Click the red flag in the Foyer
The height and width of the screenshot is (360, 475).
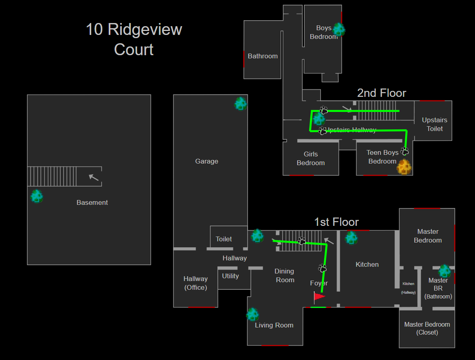pyautogui.click(x=319, y=296)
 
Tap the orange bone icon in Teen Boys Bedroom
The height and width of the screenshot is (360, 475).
pyautogui.click(x=404, y=167)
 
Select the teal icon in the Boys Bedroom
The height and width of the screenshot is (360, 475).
pyautogui.click(x=339, y=29)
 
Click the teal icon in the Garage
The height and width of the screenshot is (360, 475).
pyautogui.click(x=240, y=104)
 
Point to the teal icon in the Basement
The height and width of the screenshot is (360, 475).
pyautogui.click(x=37, y=196)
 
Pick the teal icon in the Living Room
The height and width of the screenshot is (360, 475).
pyautogui.click(x=252, y=314)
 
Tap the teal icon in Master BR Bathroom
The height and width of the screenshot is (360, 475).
pyautogui.click(x=444, y=271)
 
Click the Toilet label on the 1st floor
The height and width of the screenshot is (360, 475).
pyautogui.click(x=224, y=239)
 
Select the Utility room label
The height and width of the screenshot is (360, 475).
pyautogui.click(x=231, y=276)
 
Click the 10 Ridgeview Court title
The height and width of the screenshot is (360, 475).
pyautogui.click(x=134, y=39)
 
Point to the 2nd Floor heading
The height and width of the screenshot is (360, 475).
pyautogui.click(x=382, y=93)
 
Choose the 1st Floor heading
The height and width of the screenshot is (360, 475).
pyautogui.click(x=337, y=222)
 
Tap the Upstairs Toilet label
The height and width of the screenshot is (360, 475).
pyautogui.click(x=435, y=124)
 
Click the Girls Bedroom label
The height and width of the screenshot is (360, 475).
pyautogui.click(x=311, y=158)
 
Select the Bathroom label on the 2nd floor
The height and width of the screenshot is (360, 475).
pyautogui.click(x=263, y=56)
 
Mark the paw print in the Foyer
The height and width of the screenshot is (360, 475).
pyautogui.click(x=323, y=268)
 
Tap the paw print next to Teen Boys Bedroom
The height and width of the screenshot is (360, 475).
pyautogui.click(x=405, y=151)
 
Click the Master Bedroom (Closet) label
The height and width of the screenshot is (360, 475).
pyautogui.click(x=427, y=328)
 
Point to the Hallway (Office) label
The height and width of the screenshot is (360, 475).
pyautogui.click(x=196, y=283)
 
